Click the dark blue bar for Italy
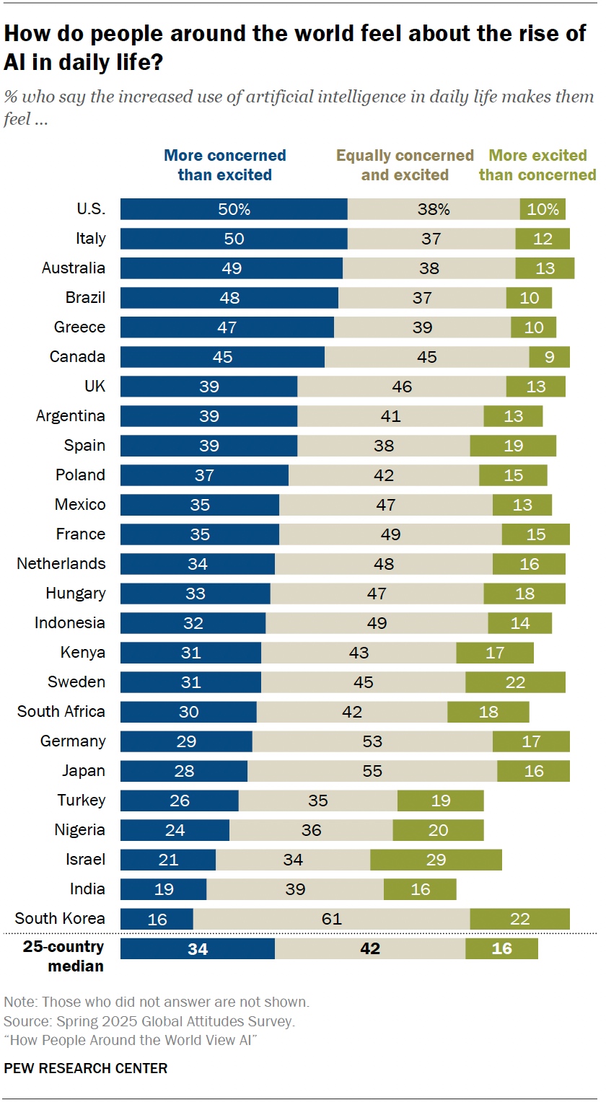[x=234, y=239]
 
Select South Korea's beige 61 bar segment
[x=331, y=919]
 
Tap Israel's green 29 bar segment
[x=436, y=860]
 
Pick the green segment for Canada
[x=549, y=357]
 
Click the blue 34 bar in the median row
[x=197, y=948]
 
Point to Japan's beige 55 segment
[x=372, y=771]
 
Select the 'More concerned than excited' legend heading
[x=225, y=165]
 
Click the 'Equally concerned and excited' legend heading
[x=405, y=165]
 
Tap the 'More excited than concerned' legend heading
[x=537, y=165]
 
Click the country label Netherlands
[x=61, y=564]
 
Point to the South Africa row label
[x=61, y=712]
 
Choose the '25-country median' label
[x=63, y=956]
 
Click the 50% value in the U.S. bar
[x=234, y=209]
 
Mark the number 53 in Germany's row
[x=372, y=741]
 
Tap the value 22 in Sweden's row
[x=515, y=682]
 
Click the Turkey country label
[x=82, y=801]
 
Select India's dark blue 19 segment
[x=164, y=889]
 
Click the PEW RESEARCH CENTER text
[x=85, y=1068]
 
